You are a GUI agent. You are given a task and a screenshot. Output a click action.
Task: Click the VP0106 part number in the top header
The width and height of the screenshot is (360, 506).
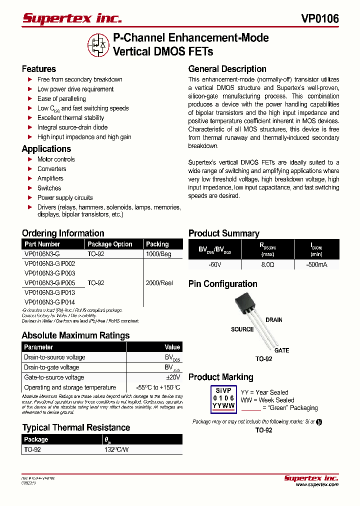(x=319, y=18)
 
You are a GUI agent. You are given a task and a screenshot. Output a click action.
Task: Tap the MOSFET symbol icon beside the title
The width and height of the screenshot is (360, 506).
(x=98, y=44)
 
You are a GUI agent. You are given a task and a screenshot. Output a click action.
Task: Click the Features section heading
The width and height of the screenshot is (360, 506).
(x=39, y=69)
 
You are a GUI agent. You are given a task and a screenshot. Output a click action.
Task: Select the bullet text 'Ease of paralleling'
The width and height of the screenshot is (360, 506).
(x=61, y=98)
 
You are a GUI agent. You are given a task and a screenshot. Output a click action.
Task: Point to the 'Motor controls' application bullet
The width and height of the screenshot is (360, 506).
(x=56, y=159)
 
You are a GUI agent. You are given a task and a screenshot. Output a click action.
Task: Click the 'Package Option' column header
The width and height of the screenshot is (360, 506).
(x=110, y=244)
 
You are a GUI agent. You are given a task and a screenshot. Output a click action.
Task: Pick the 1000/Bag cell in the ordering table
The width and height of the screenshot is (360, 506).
(x=158, y=254)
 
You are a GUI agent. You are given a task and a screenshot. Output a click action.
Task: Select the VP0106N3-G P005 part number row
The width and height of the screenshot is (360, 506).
(x=49, y=283)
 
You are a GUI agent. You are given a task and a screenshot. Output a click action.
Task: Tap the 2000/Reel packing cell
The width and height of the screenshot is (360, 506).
(x=159, y=283)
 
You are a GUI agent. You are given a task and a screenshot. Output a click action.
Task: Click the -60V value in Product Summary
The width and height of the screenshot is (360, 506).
(x=214, y=265)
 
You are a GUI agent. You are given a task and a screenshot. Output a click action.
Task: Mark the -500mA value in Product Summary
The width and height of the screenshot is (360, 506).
(x=316, y=265)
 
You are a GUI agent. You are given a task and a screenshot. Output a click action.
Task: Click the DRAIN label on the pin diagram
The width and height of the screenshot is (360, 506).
(x=274, y=320)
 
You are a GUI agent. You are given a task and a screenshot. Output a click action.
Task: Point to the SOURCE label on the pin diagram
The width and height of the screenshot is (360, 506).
(x=242, y=329)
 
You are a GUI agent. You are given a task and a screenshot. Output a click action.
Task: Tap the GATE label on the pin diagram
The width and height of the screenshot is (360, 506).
(x=281, y=350)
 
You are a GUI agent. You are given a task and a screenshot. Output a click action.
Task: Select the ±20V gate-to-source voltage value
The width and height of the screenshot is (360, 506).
(x=172, y=377)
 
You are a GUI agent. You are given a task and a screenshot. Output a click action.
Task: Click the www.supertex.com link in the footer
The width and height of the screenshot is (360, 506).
(x=317, y=484)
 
